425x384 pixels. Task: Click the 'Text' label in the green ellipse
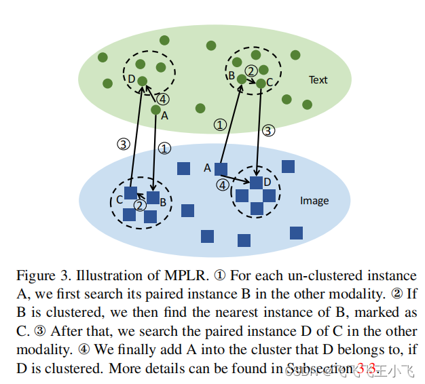[318, 79]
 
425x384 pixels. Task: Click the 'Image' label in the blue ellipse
[314, 201]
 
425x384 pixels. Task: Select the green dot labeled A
[155, 110]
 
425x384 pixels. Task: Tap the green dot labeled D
[142, 81]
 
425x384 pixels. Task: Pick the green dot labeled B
[241, 79]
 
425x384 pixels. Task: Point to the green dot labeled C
[261, 83]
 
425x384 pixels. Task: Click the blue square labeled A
[221, 169]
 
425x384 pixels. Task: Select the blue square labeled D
[256, 183]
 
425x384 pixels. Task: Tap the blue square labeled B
[153, 198]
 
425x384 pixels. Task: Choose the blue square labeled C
[130, 193]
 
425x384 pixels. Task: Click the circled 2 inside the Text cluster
[251, 71]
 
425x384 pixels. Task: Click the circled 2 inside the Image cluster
[139, 205]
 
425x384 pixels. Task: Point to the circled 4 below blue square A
[223, 185]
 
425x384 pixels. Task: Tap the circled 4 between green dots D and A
[162, 99]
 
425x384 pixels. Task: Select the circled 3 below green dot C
[269, 130]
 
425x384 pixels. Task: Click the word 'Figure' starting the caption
[34, 276]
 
